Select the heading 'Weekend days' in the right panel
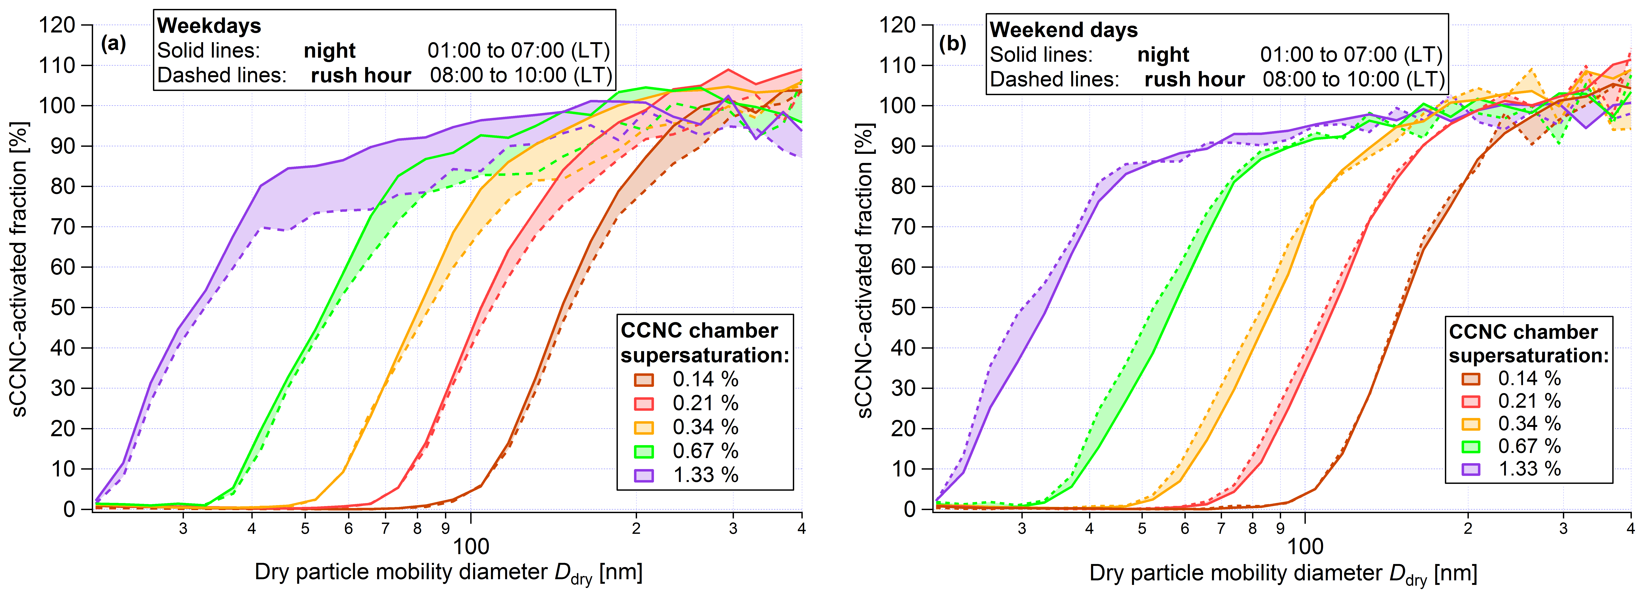point(1063,30)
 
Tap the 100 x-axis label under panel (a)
point(471,547)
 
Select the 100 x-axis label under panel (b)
point(1305,547)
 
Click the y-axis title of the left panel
point(19,268)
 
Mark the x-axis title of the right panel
point(1283,573)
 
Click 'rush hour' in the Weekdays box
point(361,75)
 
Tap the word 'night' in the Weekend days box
point(1163,55)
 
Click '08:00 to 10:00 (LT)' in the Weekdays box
point(521,75)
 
